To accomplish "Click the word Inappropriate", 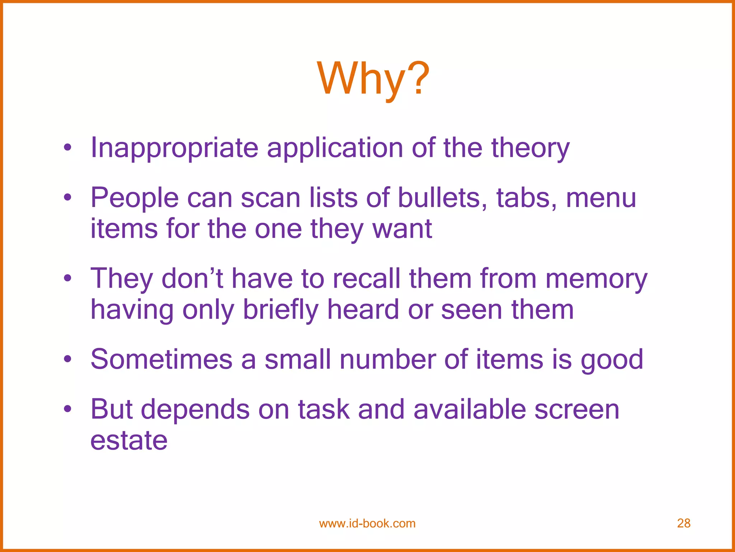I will (174, 148).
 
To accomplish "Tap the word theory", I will (530, 148).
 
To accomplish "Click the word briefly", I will (281, 309).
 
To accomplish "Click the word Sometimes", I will (161, 359).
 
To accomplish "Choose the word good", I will (612, 359).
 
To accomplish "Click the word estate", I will (129, 440).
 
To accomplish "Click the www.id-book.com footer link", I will (367, 523).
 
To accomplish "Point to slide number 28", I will (684, 523).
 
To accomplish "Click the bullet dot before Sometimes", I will (67, 359).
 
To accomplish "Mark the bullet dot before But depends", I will (67, 409).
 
